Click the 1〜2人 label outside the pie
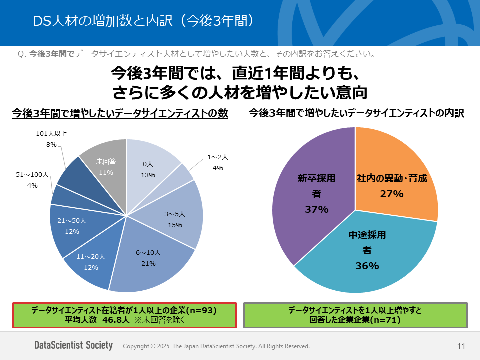tap(218, 157)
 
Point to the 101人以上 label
tap(52, 134)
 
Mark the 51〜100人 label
tap(32, 175)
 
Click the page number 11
tap(461, 346)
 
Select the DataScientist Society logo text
tap(73, 345)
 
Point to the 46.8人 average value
tap(115, 320)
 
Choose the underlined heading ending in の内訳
tap(356, 113)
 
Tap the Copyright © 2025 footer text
tap(216, 346)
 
